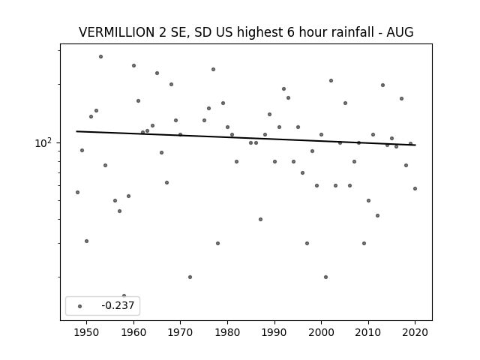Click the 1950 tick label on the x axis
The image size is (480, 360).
(x=87, y=332)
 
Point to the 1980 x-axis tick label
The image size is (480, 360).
(x=227, y=332)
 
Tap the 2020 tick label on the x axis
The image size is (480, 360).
(x=415, y=332)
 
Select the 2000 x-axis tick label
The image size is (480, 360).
(x=322, y=332)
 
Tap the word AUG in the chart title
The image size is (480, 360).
(x=400, y=32)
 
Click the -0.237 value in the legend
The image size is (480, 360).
(x=118, y=305)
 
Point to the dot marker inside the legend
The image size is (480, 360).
(x=80, y=306)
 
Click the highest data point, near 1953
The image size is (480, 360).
(x=100, y=57)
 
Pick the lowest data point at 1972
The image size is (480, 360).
(x=190, y=277)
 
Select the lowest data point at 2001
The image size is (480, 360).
(x=325, y=277)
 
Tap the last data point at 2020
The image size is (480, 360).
(x=415, y=188)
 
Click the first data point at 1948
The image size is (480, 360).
(x=77, y=192)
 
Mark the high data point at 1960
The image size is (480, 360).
(x=133, y=65)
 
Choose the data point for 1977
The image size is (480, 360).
(x=213, y=70)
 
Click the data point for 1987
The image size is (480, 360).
(x=260, y=219)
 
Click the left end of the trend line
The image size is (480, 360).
(x=76, y=131)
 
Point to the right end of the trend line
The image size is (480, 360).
(x=415, y=145)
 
